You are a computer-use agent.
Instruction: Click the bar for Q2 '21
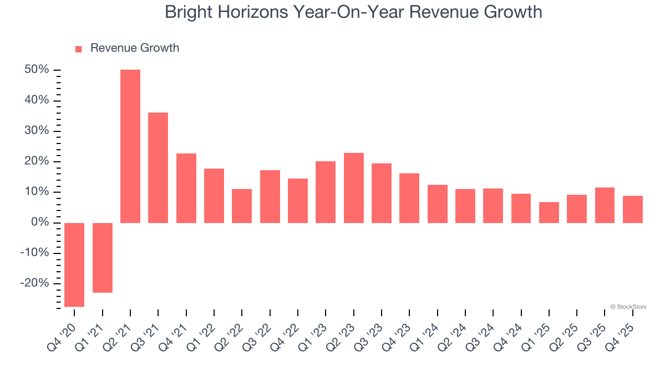click(130, 146)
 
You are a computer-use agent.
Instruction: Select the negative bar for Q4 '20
click(74, 264)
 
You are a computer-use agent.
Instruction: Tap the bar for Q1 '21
click(103, 258)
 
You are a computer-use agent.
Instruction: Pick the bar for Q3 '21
click(158, 168)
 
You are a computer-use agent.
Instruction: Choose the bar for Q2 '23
click(354, 187)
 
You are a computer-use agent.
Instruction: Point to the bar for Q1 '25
click(549, 212)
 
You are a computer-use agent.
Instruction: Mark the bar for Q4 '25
click(633, 209)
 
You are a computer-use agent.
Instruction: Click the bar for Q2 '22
click(242, 206)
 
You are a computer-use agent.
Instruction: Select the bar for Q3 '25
click(605, 205)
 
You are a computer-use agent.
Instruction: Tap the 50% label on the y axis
click(37, 70)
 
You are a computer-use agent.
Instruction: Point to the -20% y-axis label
click(35, 283)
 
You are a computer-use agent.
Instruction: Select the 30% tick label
click(37, 131)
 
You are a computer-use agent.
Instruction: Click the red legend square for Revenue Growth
click(79, 49)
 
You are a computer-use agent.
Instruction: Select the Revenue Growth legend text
click(135, 48)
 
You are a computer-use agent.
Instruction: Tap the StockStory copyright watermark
click(628, 307)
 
